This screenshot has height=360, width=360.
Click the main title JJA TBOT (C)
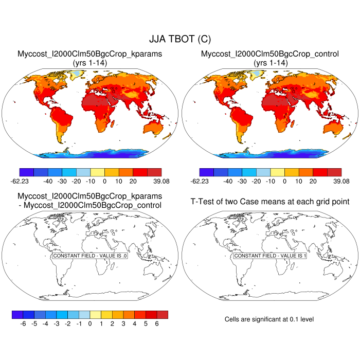(179, 39)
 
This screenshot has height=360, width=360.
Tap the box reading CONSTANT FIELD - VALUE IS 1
(269, 256)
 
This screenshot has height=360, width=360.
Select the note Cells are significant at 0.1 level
(269, 319)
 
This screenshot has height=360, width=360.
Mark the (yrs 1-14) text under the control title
(270, 62)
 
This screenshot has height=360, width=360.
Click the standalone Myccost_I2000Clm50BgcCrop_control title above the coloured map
(270, 54)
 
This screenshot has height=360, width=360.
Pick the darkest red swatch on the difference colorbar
(163, 314)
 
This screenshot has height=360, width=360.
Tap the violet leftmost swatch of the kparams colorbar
(26, 172)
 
